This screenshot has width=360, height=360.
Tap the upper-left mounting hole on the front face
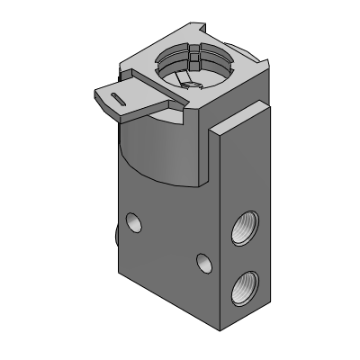click(x=134, y=220)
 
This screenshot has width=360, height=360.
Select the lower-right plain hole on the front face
click(x=204, y=263)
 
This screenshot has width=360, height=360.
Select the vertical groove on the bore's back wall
click(x=193, y=59)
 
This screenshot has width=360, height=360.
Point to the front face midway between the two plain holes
click(x=169, y=241)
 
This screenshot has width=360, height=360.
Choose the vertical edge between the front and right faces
click(x=219, y=234)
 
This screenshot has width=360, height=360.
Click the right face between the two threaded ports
click(x=244, y=259)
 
